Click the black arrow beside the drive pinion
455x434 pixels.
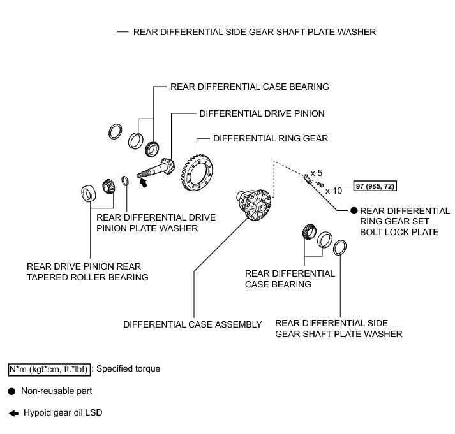144,183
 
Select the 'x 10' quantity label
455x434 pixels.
332,190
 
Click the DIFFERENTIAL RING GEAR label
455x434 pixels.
271,137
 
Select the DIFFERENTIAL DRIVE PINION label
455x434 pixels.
262,113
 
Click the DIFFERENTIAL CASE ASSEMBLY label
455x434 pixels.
193,324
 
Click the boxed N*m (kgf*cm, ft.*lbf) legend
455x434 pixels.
48,368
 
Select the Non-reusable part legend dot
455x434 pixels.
11,391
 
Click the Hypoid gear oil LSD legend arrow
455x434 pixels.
11,412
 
